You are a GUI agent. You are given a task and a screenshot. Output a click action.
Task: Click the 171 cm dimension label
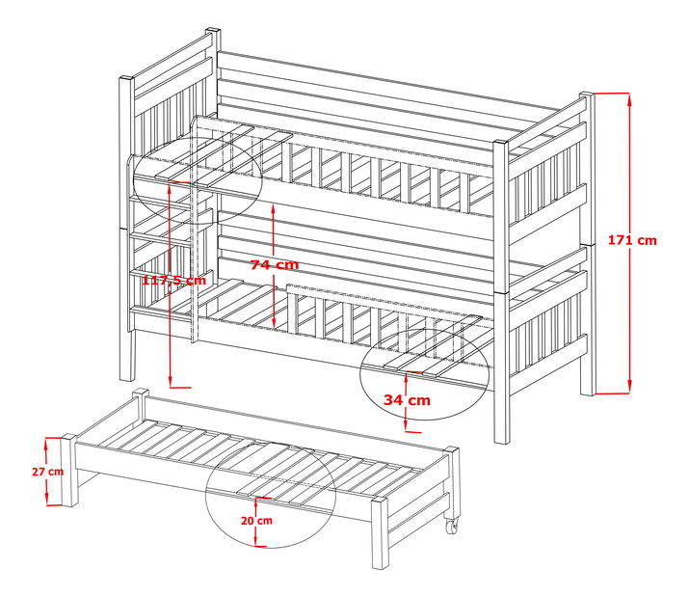click(x=632, y=240)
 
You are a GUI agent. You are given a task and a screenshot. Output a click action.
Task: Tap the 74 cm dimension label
click(x=275, y=265)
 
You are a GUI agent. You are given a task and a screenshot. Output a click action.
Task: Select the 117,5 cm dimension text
click(x=174, y=280)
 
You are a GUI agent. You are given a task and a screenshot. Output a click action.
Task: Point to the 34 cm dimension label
click(x=407, y=400)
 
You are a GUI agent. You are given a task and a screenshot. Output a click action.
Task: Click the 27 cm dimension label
click(x=48, y=472)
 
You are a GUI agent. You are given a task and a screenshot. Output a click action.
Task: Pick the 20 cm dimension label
click(x=256, y=521)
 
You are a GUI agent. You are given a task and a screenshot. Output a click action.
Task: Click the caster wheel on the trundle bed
click(x=452, y=526)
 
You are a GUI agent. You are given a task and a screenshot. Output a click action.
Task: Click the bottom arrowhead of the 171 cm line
click(x=629, y=386)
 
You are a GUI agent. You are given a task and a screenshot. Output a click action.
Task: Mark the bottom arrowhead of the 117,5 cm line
click(x=171, y=381)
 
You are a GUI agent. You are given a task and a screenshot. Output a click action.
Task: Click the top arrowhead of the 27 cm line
click(x=46, y=445)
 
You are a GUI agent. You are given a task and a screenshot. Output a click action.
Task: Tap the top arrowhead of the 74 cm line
click(x=274, y=211)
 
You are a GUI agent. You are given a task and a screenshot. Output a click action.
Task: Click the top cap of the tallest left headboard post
click(x=213, y=30)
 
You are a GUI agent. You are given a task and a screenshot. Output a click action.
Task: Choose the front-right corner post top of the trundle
click(x=380, y=502)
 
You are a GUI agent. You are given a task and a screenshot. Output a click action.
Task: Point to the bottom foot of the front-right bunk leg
click(x=501, y=439)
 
